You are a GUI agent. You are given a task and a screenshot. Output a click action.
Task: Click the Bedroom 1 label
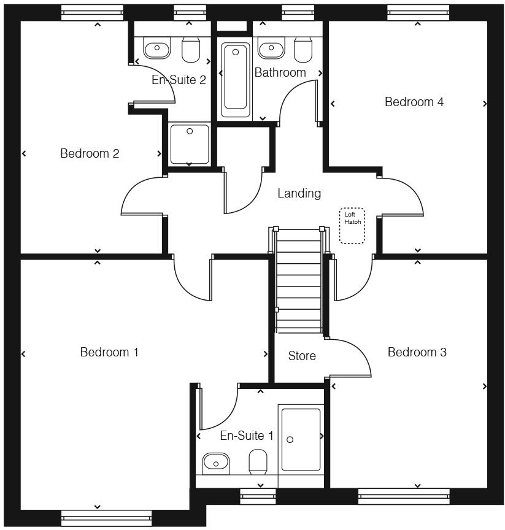pyautogui.click(x=109, y=352)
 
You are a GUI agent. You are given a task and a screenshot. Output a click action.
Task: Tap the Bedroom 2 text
pyautogui.click(x=90, y=153)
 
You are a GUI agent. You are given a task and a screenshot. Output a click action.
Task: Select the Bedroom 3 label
pyautogui.click(x=417, y=352)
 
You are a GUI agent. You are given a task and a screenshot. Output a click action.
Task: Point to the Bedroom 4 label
pyautogui.click(x=414, y=102)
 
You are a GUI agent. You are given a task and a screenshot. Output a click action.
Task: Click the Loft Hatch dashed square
pyautogui.click(x=352, y=226)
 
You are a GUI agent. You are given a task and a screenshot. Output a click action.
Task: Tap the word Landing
pyautogui.click(x=299, y=193)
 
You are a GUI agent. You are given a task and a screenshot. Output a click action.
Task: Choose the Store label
pyautogui.click(x=302, y=356)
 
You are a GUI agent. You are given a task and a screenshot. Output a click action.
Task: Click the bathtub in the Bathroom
pyautogui.click(x=236, y=79)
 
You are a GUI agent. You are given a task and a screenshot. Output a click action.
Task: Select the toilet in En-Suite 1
pyautogui.click(x=258, y=461)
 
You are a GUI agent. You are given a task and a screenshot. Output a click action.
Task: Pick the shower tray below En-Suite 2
pyautogui.click(x=190, y=144)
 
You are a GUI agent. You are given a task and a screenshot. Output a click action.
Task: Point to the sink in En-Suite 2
pyautogui.click(x=157, y=48)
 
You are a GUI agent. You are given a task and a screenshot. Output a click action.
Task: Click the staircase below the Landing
pyautogui.click(x=299, y=280)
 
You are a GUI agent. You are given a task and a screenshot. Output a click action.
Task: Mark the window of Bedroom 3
pyautogui.click(x=404, y=496)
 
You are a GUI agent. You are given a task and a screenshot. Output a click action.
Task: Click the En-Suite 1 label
pyautogui.click(x=247, y=436)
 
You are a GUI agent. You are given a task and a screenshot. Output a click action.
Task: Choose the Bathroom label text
pyautogui.click(x=280, y=72)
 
